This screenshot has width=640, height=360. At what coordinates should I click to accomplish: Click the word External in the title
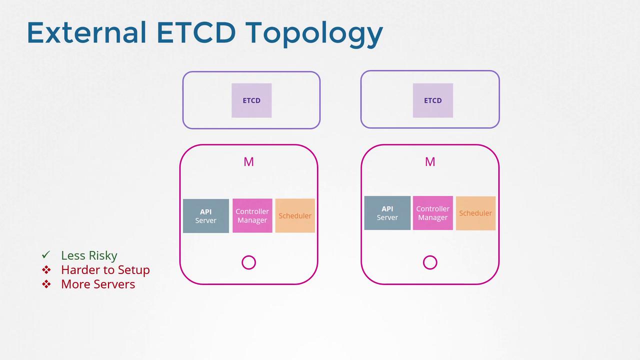click(x=86, y=32)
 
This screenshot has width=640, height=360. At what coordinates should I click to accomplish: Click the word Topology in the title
click(x=314, y=34)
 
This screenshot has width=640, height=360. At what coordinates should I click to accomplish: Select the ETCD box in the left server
click(x=251, y=100)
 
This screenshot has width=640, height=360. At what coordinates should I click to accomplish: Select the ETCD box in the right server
click(x=433, y=100)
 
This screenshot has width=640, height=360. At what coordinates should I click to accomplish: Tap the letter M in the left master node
click(x=248, y=162)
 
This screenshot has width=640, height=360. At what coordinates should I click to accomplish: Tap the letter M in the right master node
click(x=430, y=162)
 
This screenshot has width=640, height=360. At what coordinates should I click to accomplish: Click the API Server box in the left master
click(x=205, y=216)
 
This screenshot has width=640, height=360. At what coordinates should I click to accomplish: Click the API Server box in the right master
click(x=387, y=213)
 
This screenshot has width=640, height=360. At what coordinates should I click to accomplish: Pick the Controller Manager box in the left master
click(x=252, y=215)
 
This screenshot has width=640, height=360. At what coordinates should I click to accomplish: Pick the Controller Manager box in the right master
click(x=433, y=213)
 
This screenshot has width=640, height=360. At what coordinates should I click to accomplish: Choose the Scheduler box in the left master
click(x=295, y=215)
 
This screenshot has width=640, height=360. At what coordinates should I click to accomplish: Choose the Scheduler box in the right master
click(x=475, y=213)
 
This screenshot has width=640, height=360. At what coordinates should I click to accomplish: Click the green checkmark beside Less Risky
click(x=46, y=254)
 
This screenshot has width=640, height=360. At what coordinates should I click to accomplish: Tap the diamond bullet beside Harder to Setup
click(x=46, y=269)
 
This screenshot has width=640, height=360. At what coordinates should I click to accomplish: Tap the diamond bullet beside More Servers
click(x=46, y=284)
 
